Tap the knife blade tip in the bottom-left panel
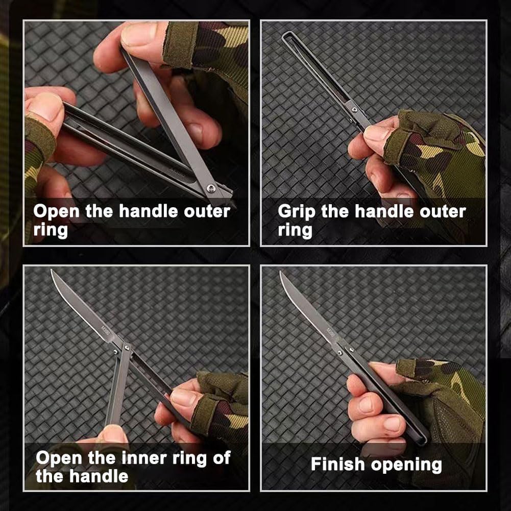click(x=52, y=271)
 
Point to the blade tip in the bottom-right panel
click(x=281, y=273)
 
